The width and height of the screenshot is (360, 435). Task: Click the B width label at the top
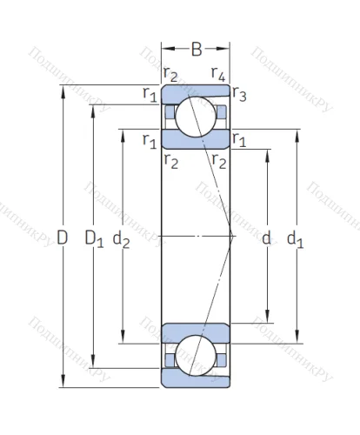pos(197,49)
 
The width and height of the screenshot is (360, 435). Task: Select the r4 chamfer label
pos(218,75)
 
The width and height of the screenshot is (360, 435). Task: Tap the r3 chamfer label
pos(239,96)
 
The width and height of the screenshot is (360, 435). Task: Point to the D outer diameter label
pos(62,237)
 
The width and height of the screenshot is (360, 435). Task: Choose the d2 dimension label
pos(126,237)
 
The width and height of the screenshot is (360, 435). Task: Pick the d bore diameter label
pos(266,237)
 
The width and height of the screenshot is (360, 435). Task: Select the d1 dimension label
pos(296,237)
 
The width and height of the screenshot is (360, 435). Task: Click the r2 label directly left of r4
pos(170,75)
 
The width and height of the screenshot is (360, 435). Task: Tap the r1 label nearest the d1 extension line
pos(239,140)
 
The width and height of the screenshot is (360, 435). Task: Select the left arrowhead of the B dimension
pos(165,49)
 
